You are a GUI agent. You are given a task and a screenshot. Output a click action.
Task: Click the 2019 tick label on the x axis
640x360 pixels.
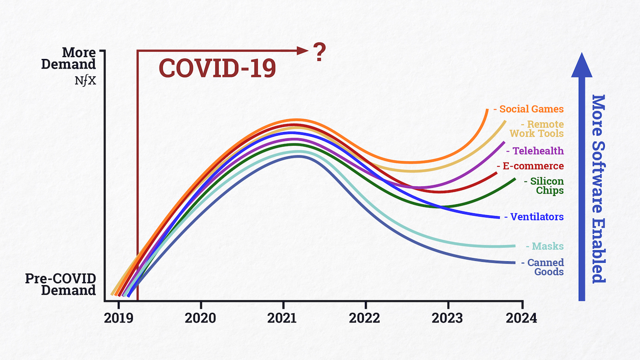118,318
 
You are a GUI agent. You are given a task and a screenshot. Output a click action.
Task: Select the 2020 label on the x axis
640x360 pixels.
201,318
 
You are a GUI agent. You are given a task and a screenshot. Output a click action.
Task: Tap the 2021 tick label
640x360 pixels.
283,318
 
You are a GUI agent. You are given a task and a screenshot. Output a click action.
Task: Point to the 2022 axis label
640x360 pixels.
365,318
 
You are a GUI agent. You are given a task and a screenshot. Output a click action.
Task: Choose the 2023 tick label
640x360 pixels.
448,318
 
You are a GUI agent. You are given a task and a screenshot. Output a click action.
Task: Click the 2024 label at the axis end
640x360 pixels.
522,318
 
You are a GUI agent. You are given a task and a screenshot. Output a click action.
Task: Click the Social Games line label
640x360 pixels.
531,109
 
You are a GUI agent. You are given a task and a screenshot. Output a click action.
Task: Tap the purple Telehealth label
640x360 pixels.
537,151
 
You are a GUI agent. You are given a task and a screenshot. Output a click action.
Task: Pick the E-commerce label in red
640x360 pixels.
533,166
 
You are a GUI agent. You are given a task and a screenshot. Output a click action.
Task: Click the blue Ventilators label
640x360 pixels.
536,217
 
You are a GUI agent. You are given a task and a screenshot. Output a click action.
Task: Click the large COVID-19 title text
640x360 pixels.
217,69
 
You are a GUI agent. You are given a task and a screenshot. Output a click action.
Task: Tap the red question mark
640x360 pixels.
320,53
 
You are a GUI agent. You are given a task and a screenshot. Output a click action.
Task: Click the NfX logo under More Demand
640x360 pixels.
85,81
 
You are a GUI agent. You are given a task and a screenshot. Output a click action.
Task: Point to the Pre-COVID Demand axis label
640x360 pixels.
61,285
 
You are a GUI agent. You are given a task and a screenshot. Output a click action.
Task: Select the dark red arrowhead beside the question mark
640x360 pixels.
303,51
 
